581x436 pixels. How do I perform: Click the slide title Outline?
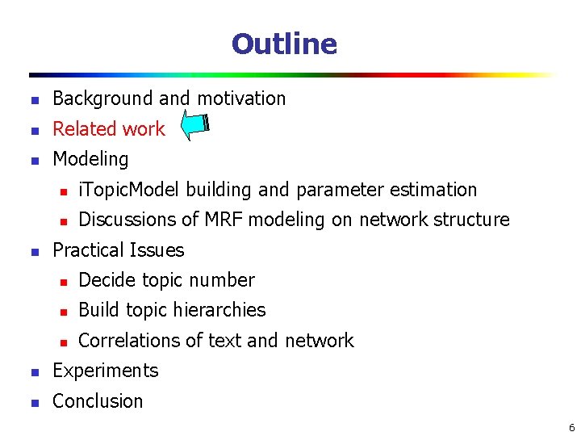pos(284,44)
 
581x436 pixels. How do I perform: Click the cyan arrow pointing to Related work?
pos(194,126)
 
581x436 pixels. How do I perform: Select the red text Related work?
pos(108,129)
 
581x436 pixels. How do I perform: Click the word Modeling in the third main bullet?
pos(90,159)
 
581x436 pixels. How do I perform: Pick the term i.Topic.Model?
pos(130,190)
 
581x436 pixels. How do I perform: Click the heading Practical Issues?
pos(118,250)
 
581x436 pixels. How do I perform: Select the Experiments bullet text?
pos(105,371)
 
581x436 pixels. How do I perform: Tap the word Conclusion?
pos(98,401)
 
